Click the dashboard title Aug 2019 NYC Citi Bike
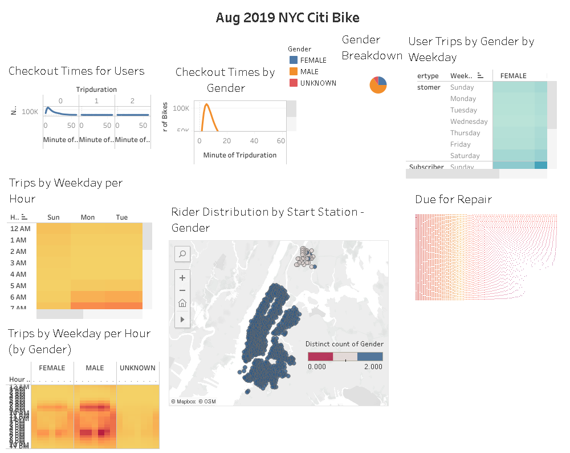287,18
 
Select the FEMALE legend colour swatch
294,60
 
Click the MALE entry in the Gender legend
309,71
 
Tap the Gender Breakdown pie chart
378,84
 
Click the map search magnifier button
182,254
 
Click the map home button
182,304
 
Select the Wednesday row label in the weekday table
469,122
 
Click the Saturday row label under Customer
465,156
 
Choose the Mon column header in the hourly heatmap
88,217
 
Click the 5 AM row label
18,286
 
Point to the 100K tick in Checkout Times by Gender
181,108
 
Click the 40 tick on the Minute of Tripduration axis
254,141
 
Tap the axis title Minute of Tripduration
239,155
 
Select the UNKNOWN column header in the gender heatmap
137,368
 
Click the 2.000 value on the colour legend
373,367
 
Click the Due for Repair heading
453,200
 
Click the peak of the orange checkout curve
207,104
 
